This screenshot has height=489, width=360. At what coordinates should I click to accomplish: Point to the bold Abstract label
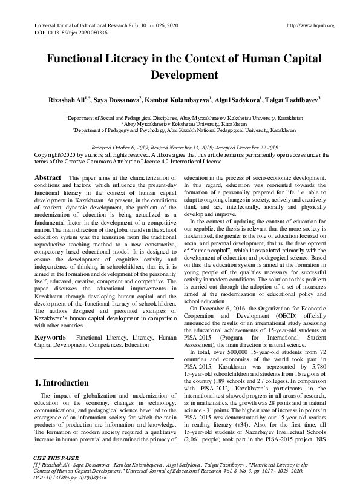tap(48, 177)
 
